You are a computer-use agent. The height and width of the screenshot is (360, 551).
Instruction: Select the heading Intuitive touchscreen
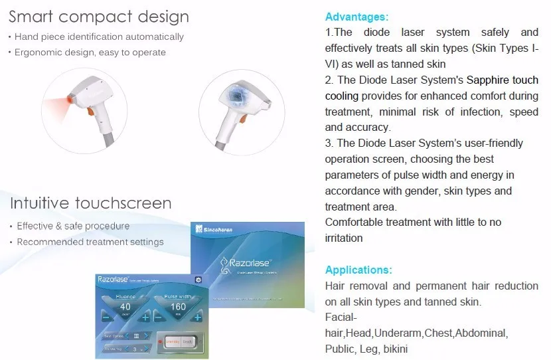pos(90,203)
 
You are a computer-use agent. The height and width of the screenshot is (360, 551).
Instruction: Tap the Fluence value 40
pos(124,307)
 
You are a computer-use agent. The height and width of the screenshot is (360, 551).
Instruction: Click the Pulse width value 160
pos(177,307)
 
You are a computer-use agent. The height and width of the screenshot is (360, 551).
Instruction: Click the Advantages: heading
pos(356,17)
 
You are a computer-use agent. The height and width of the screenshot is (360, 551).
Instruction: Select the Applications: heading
pos(358,270)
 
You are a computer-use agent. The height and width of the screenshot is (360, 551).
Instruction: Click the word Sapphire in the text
pos(488,80)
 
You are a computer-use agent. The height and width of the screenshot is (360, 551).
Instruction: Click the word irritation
pos(343,238)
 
